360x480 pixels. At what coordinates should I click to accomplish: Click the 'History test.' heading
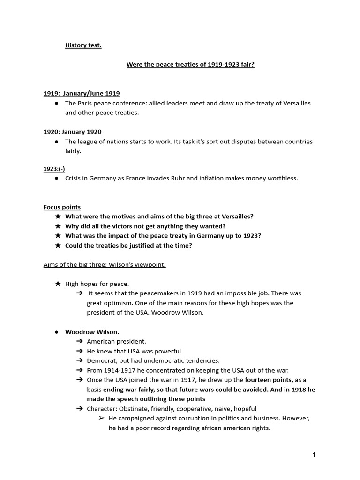[x=83, y=45]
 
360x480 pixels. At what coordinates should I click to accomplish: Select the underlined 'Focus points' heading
[x=62, y=207]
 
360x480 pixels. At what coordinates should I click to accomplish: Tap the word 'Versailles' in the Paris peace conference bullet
[x=296, y=103]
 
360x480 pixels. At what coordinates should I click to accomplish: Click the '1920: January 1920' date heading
[x=72, y=132]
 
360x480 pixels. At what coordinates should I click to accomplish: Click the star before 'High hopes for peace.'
[x=57, y=284]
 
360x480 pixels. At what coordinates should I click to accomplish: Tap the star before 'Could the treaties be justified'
[x=57, y=245]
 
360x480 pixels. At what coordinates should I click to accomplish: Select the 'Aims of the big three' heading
[x=105, y=264]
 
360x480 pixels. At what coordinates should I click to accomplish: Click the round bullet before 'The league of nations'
[x=56, y=142]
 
